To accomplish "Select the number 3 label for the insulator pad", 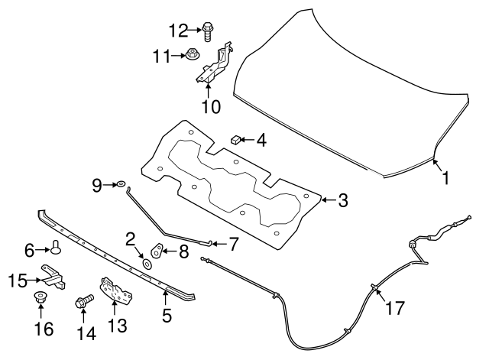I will click(x=343, y=201).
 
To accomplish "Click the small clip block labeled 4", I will click(x=237, y=140).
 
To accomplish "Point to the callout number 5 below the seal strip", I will click(x=166, y=314).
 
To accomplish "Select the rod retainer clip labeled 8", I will click(x=158, y=248).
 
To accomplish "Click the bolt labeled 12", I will click(x=208, y=30).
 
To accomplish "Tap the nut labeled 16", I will click(x=41, y=300).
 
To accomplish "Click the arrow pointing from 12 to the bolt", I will click(x=194, y=30).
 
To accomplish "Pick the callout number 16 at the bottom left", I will click(x=44, y=329).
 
